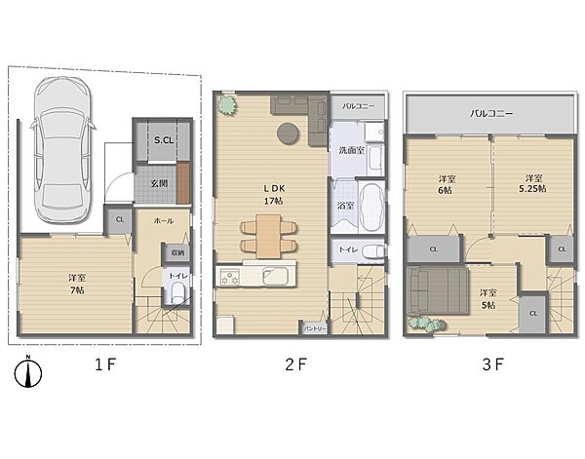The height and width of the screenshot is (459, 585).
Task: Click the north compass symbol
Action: coord(28,372)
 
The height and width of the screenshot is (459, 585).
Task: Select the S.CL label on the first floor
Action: coord(164,140)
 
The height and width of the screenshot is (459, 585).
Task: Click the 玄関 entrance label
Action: coord(159,183)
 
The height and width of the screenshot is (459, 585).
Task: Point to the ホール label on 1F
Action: coord(164,221)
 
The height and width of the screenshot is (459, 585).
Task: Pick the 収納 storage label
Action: coord(178,252)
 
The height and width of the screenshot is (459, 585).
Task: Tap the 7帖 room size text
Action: coord(77,290)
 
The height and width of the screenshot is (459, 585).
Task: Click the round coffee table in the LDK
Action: coord(288,134)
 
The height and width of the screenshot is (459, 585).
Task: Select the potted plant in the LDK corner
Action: coord(227,105)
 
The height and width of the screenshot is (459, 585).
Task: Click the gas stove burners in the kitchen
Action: coord(229,278)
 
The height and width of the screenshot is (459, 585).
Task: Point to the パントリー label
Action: coord(315,328)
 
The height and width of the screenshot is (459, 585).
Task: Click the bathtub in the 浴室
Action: coord(371,207)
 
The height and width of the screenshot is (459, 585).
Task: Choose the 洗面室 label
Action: coord(351,151)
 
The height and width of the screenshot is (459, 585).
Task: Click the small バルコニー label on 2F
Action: coord(358,106)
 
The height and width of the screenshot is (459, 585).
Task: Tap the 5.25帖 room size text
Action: coord(532,189)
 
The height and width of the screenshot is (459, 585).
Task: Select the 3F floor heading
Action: coord(493,364)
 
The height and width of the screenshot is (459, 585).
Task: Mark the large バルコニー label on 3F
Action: coord(491,113)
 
